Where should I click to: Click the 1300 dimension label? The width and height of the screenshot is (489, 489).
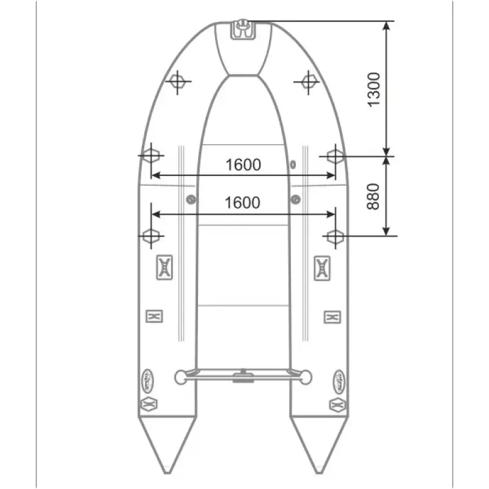click(374, 89)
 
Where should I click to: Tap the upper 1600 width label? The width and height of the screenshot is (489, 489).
click(243, 164)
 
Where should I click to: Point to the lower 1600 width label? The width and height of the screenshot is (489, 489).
click(243, 202)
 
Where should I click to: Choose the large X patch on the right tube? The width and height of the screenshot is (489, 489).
click(323, 267)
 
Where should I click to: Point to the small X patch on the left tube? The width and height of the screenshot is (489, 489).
click(154, 316)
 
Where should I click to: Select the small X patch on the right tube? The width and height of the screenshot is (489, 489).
click(332, 316)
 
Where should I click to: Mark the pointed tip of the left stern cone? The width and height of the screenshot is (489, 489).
click(167, 472)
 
